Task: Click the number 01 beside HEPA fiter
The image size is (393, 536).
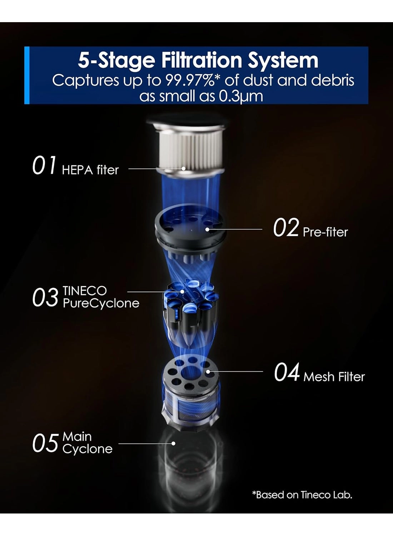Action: (44, 165)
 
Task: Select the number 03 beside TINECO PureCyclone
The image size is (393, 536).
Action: (45, 297)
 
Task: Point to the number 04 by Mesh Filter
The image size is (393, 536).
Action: (287, 372)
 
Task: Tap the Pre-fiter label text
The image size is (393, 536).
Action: (325, 232)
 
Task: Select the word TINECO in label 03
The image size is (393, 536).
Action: (84, 291)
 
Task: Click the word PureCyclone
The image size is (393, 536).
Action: (101, 303)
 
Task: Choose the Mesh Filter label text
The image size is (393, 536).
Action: (334, 377)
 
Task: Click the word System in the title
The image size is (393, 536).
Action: (283, 61)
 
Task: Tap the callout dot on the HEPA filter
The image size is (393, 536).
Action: (184, 168)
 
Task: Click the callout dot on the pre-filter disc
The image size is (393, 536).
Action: (207, 229)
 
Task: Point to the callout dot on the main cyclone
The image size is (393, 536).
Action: (173, 443)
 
